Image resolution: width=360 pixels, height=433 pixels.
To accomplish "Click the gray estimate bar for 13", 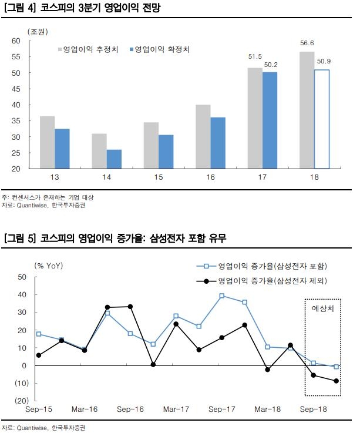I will click(x=47, y=142).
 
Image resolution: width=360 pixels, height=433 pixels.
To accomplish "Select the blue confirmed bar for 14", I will click(x=114, y=159).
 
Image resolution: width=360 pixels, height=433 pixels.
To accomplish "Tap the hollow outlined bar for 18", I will click(x=321, y=119).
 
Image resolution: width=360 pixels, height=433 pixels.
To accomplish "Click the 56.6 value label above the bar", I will click(x=307, y=42).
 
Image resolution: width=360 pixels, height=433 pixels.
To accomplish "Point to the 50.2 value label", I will click(x=271, y=65).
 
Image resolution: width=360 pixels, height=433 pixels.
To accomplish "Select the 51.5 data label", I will click(x=255, y=57).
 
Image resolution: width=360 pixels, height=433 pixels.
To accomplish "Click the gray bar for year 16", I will click(x=203, y=137).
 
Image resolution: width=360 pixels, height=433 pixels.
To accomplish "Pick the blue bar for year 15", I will click(x=166, y=152).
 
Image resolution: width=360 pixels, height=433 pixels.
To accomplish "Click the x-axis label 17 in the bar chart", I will click(x=262, y=177).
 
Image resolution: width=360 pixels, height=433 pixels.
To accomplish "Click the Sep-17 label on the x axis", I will click(x=222, y=409).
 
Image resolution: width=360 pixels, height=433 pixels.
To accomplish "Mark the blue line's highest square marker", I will click(x=222, y=296).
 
